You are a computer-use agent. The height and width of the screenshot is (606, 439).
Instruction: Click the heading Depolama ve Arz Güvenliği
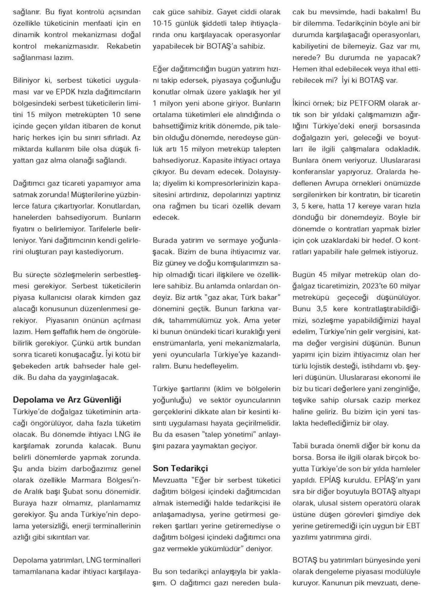[67, 400]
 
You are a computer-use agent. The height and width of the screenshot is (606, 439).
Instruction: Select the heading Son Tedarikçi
[180, 468]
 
